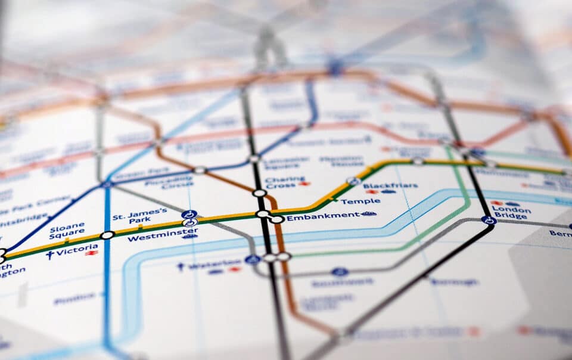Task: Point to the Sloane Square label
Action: point(67,231)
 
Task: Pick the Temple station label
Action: point(360,201)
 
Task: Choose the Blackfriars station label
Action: point(390,185)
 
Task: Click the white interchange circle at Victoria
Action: point(107,235)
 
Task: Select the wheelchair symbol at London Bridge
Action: point(489,220)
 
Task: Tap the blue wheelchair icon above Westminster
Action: point(189,214)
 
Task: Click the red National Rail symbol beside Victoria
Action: point(91,253)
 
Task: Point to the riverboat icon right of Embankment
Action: point(368,213)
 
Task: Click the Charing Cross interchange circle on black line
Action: point(259,193)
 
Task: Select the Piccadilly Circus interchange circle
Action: point(200,170)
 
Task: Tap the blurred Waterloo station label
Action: point(206,265)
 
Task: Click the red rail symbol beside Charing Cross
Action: point(304,184)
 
